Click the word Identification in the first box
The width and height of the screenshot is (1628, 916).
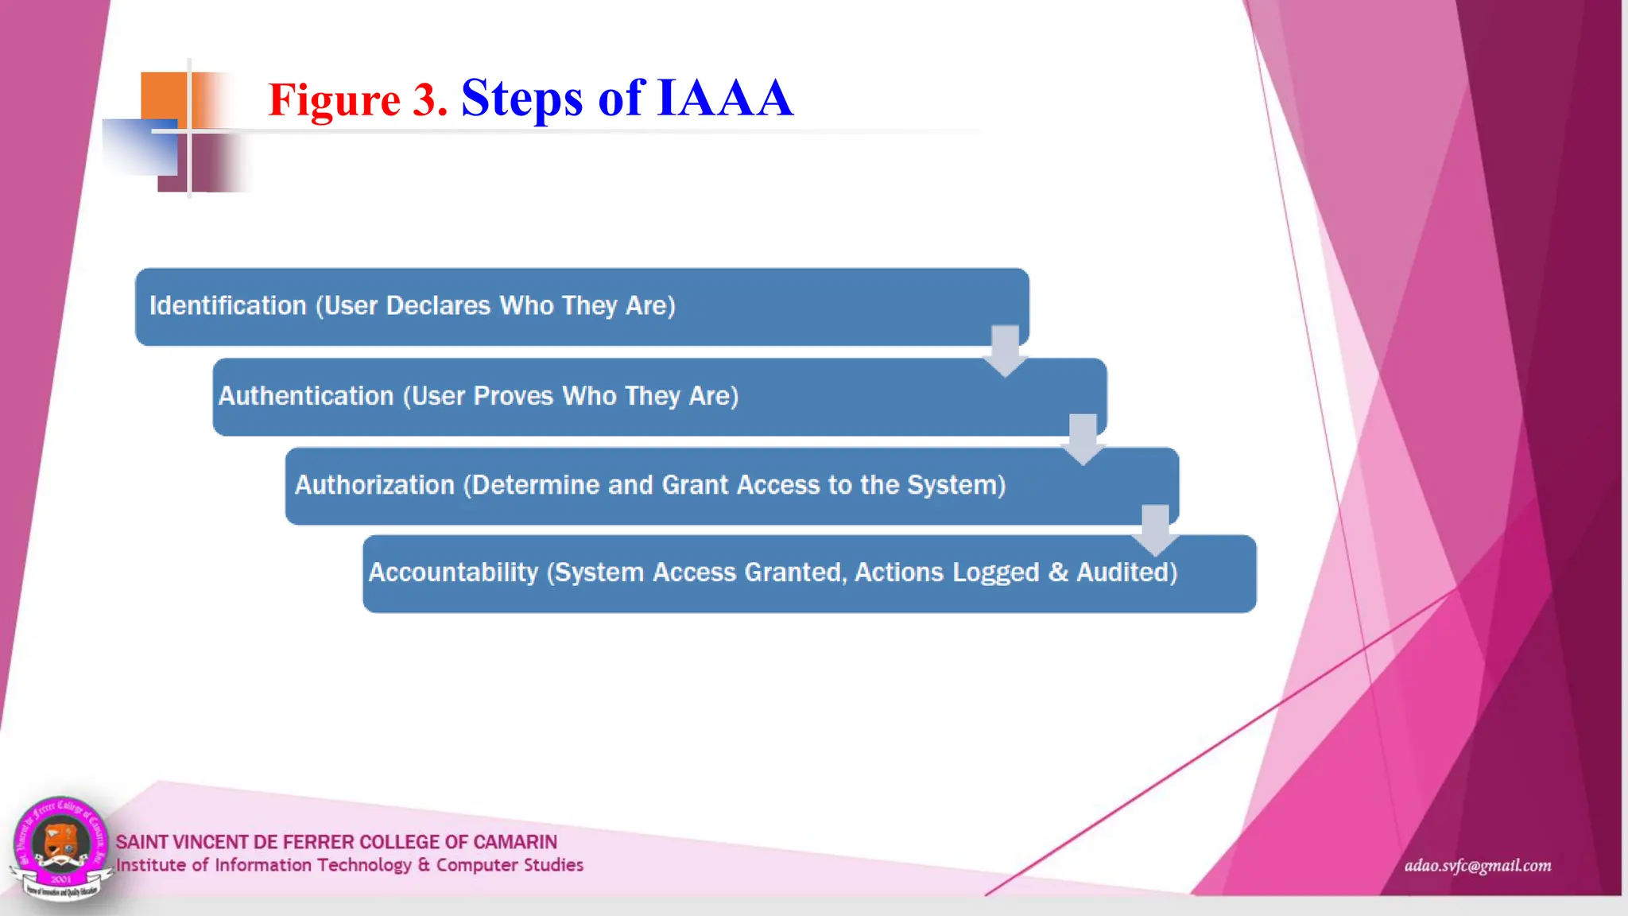pyautogui.click(x=227, y=305)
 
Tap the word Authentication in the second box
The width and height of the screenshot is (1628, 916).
pyautogui.click(x=306, y=396)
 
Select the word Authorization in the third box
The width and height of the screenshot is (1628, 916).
pyautogui.click(x=374, y=485)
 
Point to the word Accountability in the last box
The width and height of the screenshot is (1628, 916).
pyautogui.click(x=453, y=572)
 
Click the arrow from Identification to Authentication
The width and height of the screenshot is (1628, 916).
pyautogui.click(x=1005, y=351)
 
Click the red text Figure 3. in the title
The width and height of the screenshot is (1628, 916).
pyautogui.click(x=358, y=99)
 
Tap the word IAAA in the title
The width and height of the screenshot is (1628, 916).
pyautogui.click(x=724, y=98)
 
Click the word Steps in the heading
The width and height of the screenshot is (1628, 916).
pyautogui.click(x=522, y=99)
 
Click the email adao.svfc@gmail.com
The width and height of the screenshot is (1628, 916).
pyautogui.click(x=1477, y=866)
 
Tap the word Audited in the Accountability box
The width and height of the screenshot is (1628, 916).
pyautogui.click(x=1126, y=572)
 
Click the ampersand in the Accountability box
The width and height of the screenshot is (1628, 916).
pyautogui.click(x=1058, y=572)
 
